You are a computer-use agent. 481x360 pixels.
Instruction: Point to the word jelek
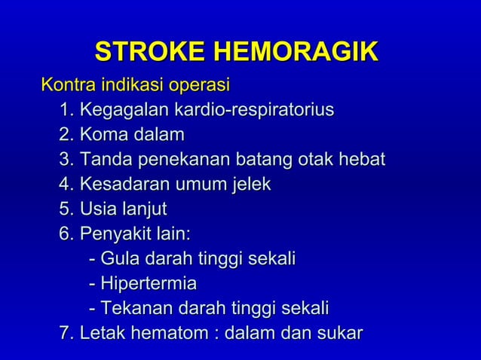click(251, 185)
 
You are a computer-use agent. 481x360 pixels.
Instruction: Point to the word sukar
click(339, 333)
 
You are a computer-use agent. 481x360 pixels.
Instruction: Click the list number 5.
click(65, 209)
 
